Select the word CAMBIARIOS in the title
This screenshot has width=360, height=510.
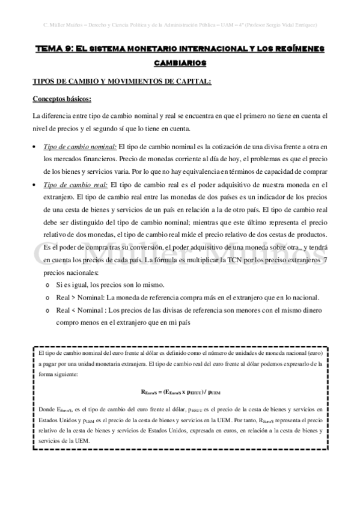tap(180, 62)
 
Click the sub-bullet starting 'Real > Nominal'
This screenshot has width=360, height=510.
tap(187, 297)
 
